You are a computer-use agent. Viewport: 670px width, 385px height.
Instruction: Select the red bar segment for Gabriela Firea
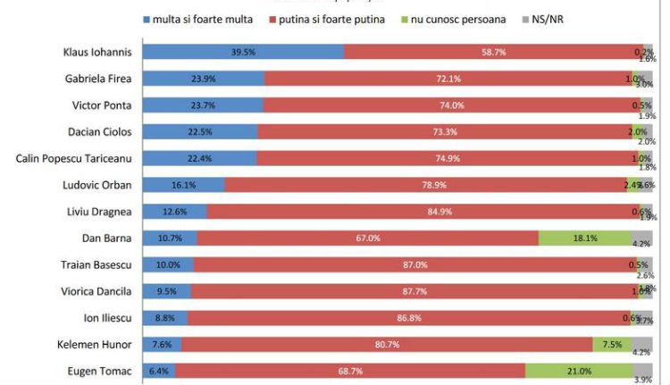[x=448, y=79]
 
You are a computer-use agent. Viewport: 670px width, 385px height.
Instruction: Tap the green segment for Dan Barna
[x=585, y=238]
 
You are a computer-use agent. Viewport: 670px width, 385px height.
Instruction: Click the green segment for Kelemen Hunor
[x=612, y=344]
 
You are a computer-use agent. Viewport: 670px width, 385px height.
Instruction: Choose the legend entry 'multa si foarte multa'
[x=197, y=19]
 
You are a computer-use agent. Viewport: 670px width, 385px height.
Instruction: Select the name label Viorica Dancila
[x=97, y=291]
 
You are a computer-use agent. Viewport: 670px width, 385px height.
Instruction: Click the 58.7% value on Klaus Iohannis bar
[x=494, y=52]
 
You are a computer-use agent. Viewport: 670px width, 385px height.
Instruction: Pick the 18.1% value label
[x=585, y=238]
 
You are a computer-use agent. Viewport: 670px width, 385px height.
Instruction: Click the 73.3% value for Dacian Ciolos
[x=444, y=132]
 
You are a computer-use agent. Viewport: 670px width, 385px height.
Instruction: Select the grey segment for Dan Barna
[x=641, y=238]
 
